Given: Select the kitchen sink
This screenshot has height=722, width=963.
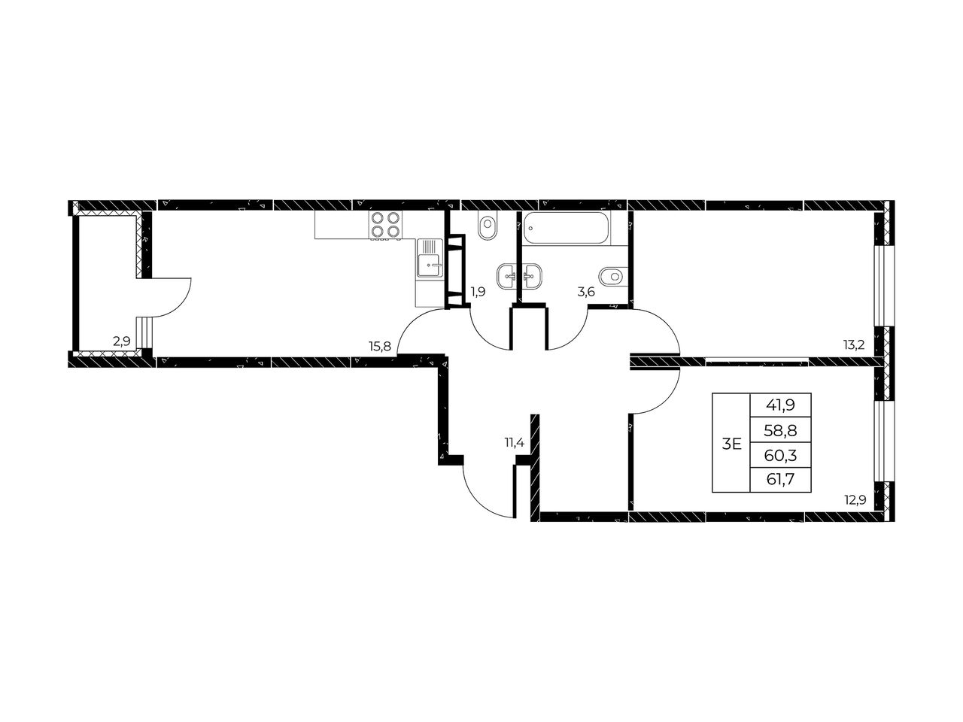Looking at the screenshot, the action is [x=430, y=258].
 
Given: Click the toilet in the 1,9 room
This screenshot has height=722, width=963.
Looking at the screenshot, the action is [x=487, y=227].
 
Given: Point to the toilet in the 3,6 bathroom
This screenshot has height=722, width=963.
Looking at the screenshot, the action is [x=613, y=277].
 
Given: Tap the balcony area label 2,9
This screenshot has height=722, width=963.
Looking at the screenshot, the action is [x=122, y=341].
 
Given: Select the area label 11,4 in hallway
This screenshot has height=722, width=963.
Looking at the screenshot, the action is [x=514, y=443].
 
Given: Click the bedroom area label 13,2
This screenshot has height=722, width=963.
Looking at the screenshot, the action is [x=853, y=345].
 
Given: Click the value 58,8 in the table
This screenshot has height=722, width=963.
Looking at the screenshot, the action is [x=780, y=430].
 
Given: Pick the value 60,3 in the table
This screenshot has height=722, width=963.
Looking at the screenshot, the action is [x=780, y=456].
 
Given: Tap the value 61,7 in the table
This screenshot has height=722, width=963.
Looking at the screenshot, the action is [x=780, y=480].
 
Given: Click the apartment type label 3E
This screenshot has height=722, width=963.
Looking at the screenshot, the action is [x=731, y=444].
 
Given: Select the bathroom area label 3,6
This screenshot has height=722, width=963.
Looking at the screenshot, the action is [x=585, y=292].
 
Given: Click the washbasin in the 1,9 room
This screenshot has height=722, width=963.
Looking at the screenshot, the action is [x=507, y=277].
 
